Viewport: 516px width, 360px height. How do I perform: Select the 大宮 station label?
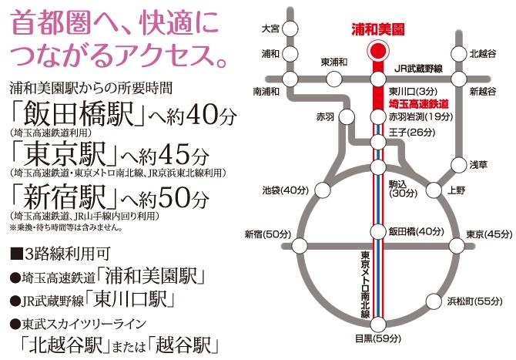(x=270, y=28)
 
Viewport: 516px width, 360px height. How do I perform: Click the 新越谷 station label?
(x=482, y=92)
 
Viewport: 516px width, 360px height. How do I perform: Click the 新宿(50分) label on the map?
(x=267, y=234)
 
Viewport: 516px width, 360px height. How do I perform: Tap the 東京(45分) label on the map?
(x=489, y=234)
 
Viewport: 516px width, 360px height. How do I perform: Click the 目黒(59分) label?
(x=377, y=337)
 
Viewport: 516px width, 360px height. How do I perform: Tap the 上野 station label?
(x=457, y=190)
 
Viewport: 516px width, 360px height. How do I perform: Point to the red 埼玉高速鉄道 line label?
(x=419, y=103)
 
